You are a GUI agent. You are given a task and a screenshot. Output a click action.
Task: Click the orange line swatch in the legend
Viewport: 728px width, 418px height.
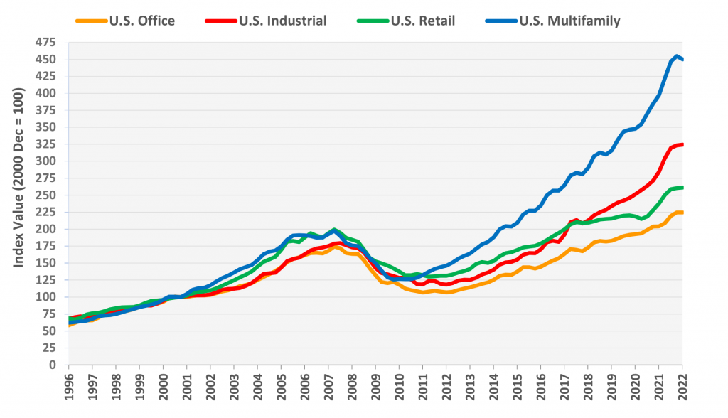point(91,21)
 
